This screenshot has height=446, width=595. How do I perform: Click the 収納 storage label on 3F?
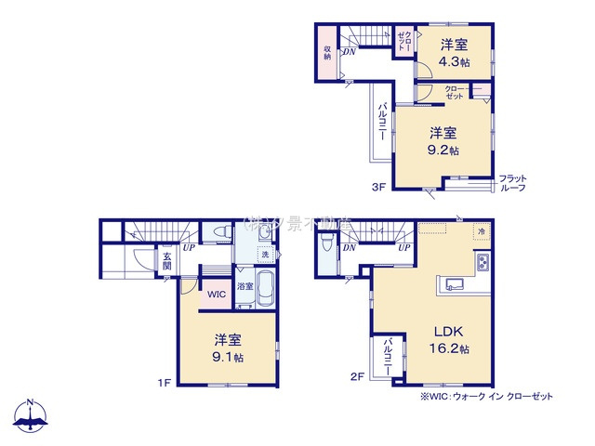coord(327,52)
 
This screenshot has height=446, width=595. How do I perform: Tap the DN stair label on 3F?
coord(348,52)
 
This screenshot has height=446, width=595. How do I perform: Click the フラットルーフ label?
coord(512,182)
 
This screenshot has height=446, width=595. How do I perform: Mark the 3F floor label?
coord(377,186)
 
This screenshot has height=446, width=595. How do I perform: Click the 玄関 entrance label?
coord(167,263)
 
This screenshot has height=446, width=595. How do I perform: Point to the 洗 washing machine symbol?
coord(265,255)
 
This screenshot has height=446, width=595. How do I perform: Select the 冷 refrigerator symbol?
coord(481,230)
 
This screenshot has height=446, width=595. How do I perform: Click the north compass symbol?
coord(30,416)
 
